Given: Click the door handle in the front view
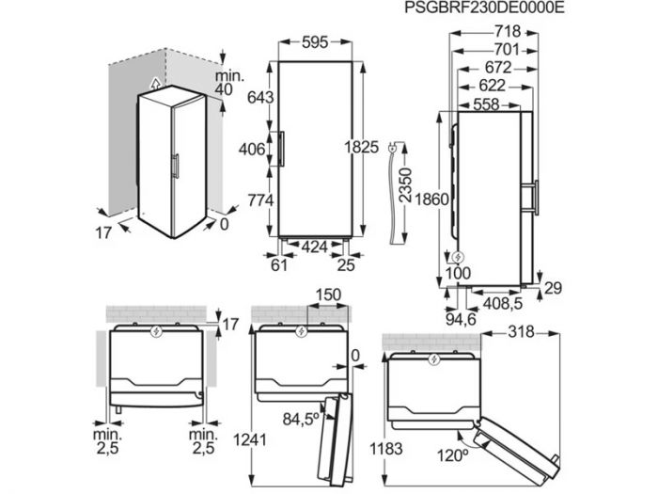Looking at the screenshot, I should click(279, 149).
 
